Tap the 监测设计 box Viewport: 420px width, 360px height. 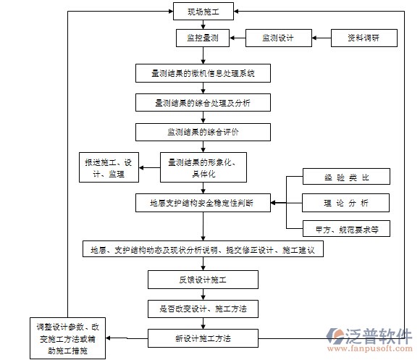[x=277, y=37]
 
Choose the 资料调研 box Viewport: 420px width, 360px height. [x=364, y=37]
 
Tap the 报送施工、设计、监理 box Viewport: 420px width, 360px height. [x=110, y=169]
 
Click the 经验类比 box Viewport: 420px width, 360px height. [x=346, y=177]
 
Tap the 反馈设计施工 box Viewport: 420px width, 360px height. [x=203, y=279]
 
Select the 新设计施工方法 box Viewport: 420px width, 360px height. [x=203, y=338]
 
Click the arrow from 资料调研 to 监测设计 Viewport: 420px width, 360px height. [x=322, y=37]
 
